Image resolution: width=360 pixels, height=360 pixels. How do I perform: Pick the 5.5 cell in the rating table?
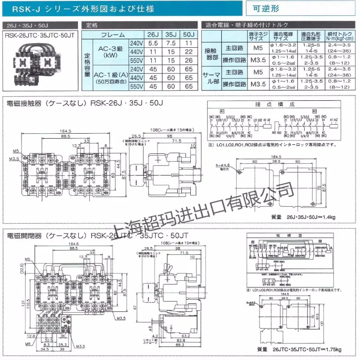point(153,44)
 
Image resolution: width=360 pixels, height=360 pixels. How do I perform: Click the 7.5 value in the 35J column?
point(171,44)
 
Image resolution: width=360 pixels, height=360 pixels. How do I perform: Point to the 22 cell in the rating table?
point(189,52)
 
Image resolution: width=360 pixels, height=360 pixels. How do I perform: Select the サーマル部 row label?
point(211,77)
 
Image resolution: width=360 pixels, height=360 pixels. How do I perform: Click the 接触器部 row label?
point(211,53)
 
